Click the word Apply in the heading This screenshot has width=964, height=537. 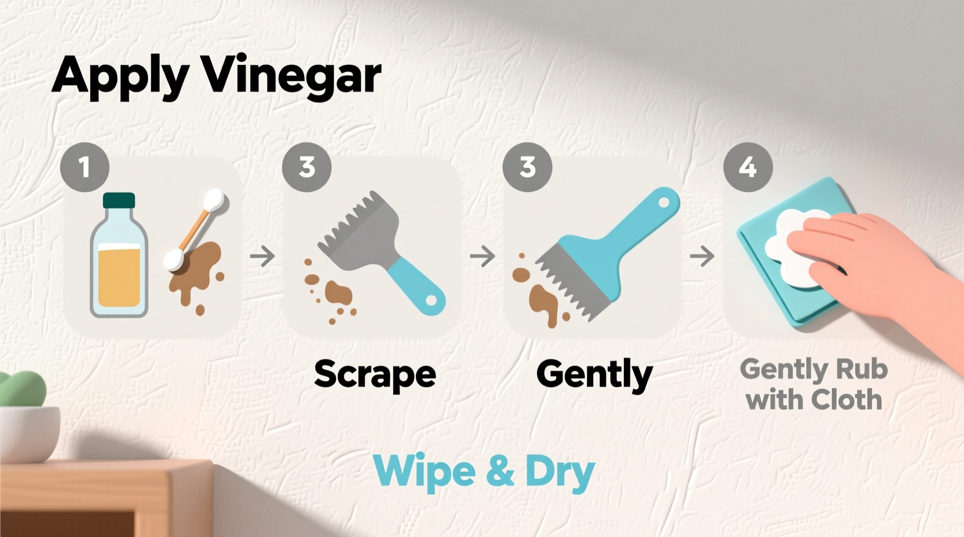pyautogui.click(x=119, y=75)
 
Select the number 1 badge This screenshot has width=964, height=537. pyautogui.click(x=85, y=167)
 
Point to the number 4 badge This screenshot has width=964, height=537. pyautogui.click(x=747, y=167)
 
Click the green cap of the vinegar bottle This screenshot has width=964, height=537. pyautogui.click(x=119, y=200)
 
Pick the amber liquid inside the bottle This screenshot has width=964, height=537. pyautogui.click(x=119, y=275)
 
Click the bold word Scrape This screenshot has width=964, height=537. pyautogui.click(x=375, y=374)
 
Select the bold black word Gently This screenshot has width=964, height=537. pyautogui.click(x=594, y=374)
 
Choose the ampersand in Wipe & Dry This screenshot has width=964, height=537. pyautogui.click(x=500, y=471)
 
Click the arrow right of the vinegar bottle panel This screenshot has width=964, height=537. pyautogui.click(x=262, y=256)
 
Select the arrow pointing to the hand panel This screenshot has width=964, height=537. pyautogui.click(x=702, y=256)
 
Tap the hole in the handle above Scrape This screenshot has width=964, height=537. pyautogui.click(x=431, y=301)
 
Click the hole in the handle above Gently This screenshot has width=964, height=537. pyautogui.click(x=664, y=203)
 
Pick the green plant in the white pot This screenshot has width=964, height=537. pyautogui.click(x=23, y=388)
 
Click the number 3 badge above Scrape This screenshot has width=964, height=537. pyautogui.click(x=306, y=167)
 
